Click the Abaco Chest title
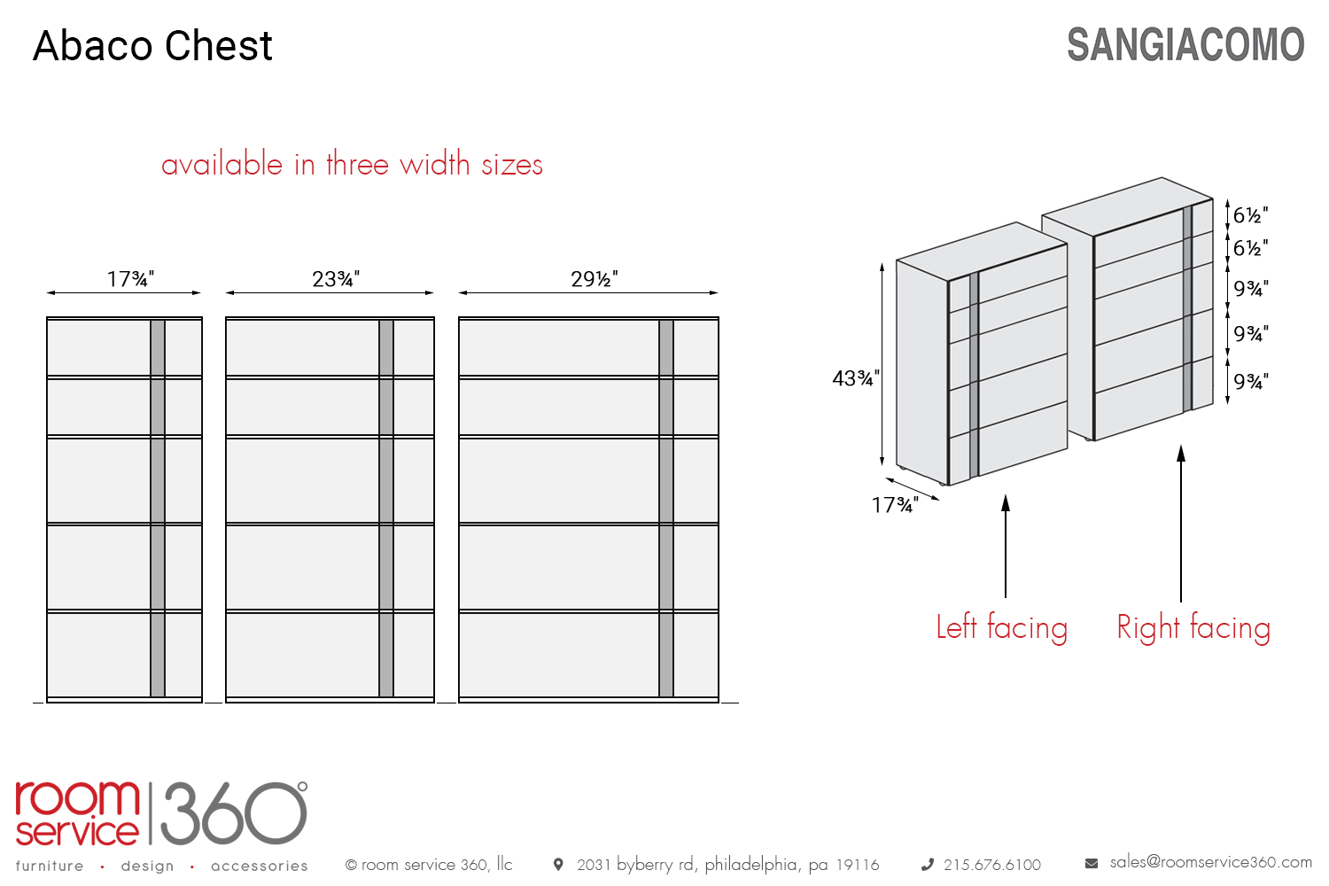(152, 46)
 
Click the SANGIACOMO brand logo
(1185, 45)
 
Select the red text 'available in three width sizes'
(352, 165)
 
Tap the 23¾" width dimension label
(335, 279)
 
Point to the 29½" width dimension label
(594, 279)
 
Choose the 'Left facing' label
(1001, 627)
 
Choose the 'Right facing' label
(1193, 627)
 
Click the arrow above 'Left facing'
(1006, 545)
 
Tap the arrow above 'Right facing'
(1181, 523)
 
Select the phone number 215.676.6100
(991, 865)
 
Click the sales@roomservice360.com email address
(1210, 862)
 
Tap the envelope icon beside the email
(1092, 863)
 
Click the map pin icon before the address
(558, 864)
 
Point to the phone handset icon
(928, 865)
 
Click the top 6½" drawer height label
(1250, 215)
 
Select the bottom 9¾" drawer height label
(1250, 381)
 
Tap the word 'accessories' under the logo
(259, 866)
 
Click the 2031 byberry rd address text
(727, 865)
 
